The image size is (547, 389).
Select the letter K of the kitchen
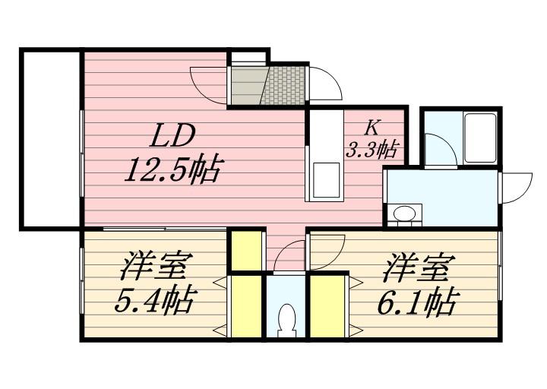point(373,127)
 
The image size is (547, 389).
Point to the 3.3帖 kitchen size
point(372,149)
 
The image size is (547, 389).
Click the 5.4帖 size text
point(153,302)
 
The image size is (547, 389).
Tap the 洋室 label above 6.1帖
point(419,268)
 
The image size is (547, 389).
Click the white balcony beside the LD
point(50,138)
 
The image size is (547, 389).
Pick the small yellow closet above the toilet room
point(245,251)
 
